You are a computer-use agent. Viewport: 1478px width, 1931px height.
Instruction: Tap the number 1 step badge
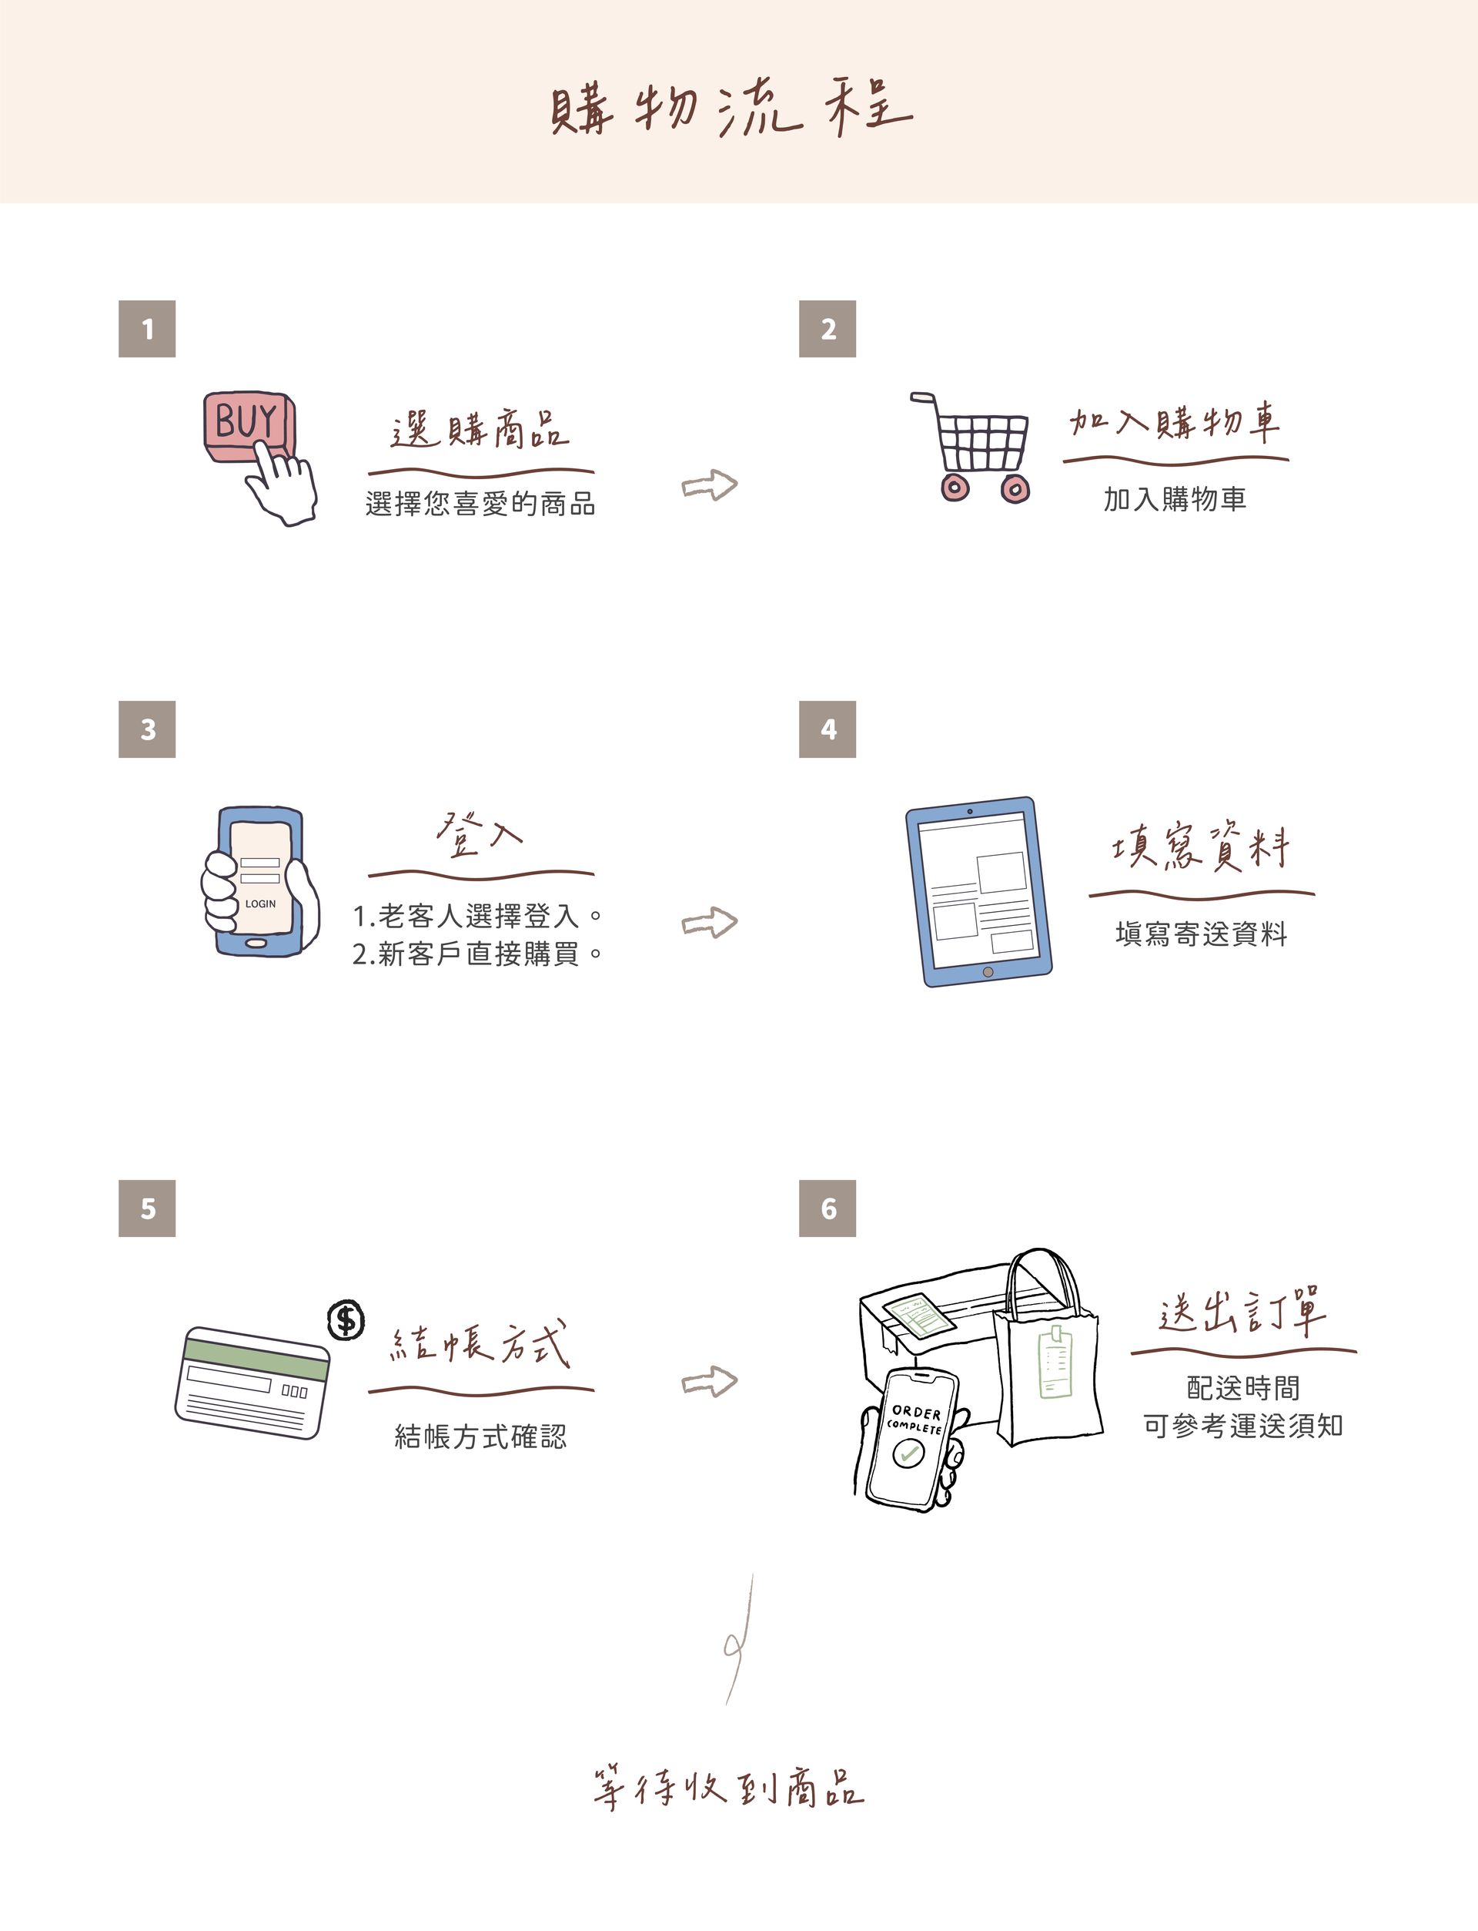(x=147, y=328)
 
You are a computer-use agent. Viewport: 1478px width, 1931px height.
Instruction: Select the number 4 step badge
(x=827, y=729)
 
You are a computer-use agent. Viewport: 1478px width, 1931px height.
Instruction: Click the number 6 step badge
(x=827, y=1209)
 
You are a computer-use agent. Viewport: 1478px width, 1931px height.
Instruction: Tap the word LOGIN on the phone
(x=260, y=904)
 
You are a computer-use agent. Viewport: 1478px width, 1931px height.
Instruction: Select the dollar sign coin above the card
(x=346, y=1320)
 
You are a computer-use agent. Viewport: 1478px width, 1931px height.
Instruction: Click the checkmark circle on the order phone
(x=906, y=1454)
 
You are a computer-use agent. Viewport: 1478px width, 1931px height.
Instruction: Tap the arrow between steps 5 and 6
(x=709, y=1381)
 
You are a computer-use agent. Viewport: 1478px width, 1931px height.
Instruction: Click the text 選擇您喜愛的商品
(x=480, y=505)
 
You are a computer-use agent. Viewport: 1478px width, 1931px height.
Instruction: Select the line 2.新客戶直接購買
(x=478, y=954)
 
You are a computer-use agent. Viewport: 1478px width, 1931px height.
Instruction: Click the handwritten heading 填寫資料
(x=1201, y=846)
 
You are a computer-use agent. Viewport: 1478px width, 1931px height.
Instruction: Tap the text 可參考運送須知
(x=1243, y=1425)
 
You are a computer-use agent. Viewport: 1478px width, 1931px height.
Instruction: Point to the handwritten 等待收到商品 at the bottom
(x=728, y=1788)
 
